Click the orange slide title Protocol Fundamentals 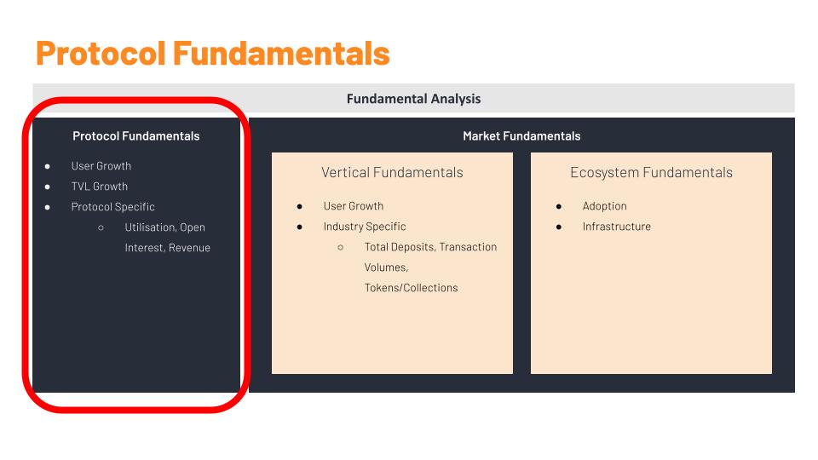coord(212,53)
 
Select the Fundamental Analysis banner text coord(413,99)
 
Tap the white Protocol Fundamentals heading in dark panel coord(136,136)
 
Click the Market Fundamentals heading coord(521,136)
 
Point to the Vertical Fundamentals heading coord(392,172)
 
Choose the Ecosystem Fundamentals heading coord(651,172)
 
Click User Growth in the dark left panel coord(101,166)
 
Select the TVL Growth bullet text coord(100,187)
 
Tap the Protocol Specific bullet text coord(113,207)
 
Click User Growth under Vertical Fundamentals coord(354,206)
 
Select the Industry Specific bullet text coord(365,227)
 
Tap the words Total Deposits coord(399,247)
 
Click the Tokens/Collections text coord(412,288)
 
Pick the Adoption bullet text coord(605,206)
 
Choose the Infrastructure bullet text coord(617,227)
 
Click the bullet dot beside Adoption coord(559,206)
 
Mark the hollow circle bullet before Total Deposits coord(341,247)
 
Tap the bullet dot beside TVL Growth coord(48,187)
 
